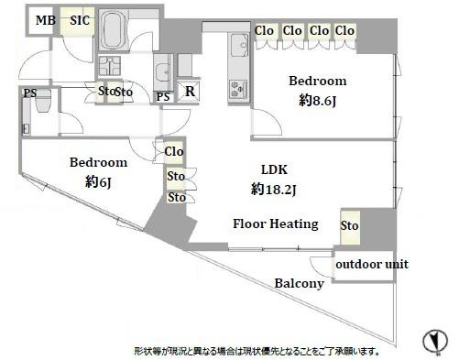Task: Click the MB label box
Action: click(x=43, y=19)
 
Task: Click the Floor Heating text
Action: click(x=275, y=224)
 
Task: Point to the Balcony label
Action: click(x=299, y=284)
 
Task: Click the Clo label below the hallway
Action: click(x=174, y=152)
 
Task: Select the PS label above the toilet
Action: click(x=30, y=92)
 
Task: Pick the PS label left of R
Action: click(x=163, y=97)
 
